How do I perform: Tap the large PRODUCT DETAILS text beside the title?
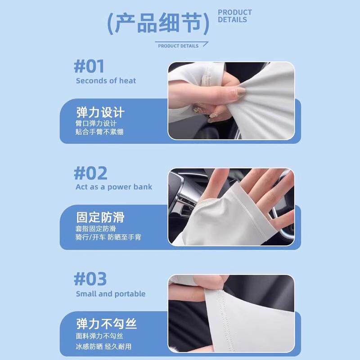pyautogui.click(x=235, y=16)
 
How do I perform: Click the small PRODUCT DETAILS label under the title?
pyautogui.click(x=178, y=46)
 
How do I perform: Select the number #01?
pyautogui.click(x=89, y=67)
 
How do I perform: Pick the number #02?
pyautogui.click(x=90, y=173)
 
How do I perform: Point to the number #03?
pyautogui.click(x=90, y=279)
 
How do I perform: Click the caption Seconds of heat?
pyautogui.click(x=106, y=81)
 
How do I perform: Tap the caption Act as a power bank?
pyautogui.click(x=114, y=187)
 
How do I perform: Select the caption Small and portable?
pyautogui.click(x=111, y=294)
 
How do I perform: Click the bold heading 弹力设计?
pyautogui.click(x=100, y=112)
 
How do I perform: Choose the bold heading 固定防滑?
pyautogui.click(x=100, y=218)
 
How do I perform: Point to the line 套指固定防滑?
pyautogui.click(x=96, y=229)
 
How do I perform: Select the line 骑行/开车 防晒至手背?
pyautogui.click(x=108, y=237)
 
